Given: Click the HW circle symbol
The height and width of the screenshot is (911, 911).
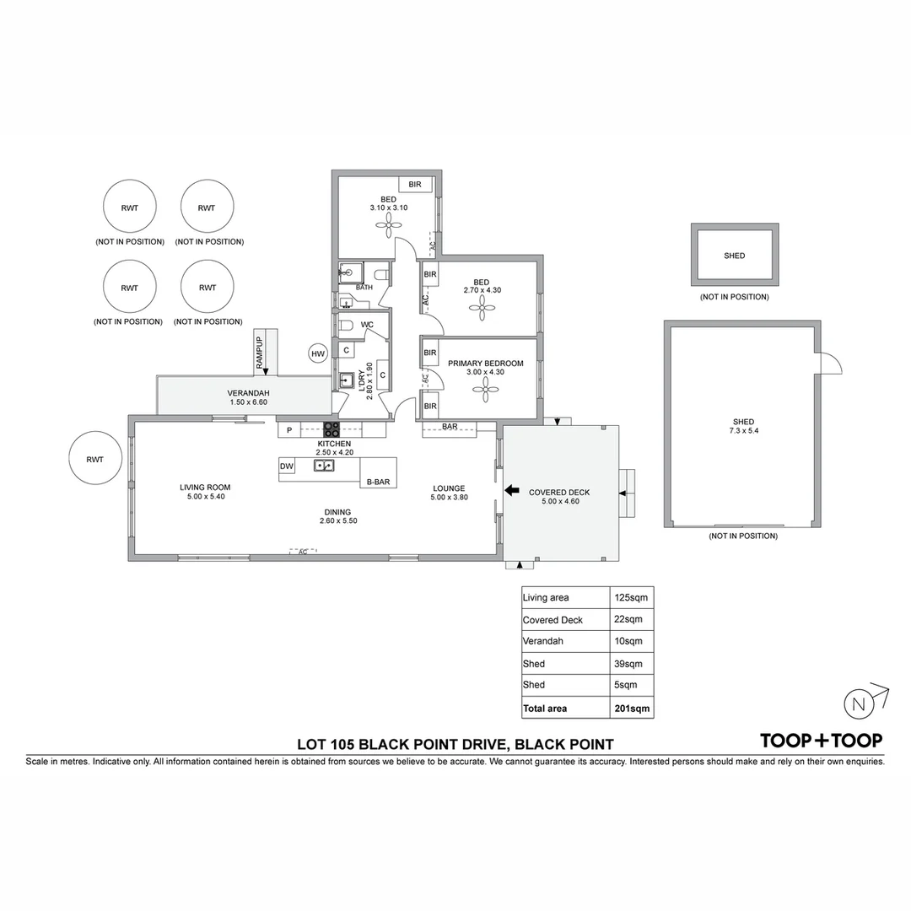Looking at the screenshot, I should point(318,354).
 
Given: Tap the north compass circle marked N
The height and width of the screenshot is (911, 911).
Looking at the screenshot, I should point(857,703).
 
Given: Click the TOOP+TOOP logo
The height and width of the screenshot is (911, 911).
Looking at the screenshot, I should point(821,741).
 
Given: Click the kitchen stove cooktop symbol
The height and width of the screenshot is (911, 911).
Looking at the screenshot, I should point(332,429).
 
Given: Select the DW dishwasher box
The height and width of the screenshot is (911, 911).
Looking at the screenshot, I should point(287,466).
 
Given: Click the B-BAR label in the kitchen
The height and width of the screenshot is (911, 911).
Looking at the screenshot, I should point(377,482).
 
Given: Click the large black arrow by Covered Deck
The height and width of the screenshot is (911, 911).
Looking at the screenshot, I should point(511,490).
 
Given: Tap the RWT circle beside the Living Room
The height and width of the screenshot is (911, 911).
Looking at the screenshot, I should point(94,460).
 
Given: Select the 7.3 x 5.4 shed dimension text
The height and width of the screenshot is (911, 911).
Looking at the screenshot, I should point(743,431).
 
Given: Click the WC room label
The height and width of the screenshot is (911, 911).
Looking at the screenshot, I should point(367,325).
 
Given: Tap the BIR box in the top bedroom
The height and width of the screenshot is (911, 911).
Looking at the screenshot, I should point(415,184).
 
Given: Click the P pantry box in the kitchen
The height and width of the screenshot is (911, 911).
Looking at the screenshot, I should point(289,430).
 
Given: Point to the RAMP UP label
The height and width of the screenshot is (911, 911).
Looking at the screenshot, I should point(260,352).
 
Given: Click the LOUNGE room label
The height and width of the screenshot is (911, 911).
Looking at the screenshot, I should point(449,488).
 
